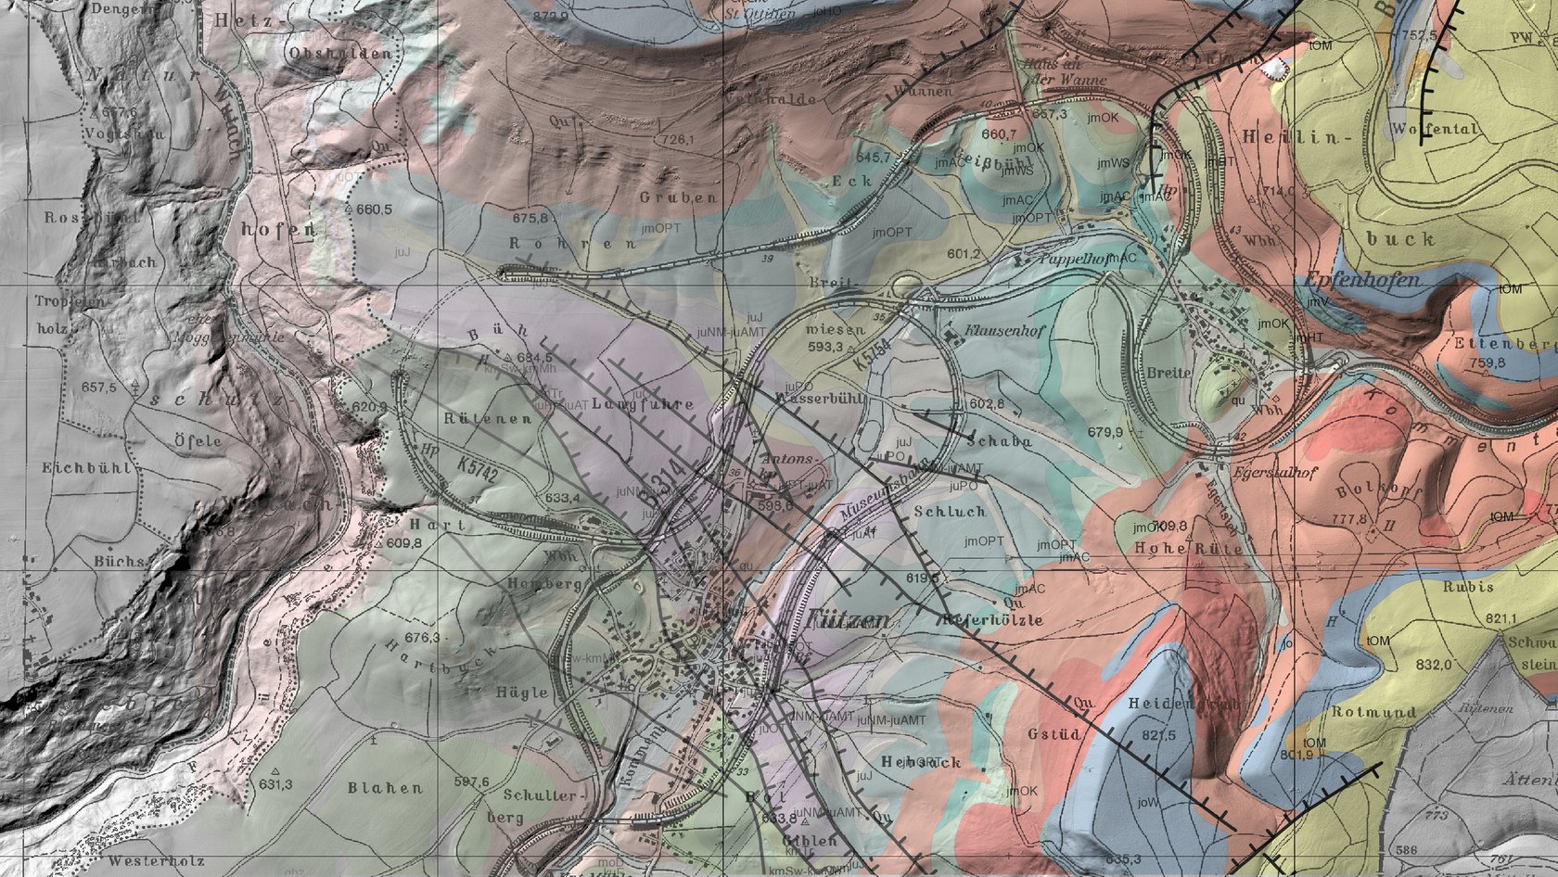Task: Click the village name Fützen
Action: [x=849, y=619]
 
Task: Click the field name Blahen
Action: [x=385, y=788]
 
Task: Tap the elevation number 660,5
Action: [x=374, y=210]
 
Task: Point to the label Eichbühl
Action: [x=86, y=468]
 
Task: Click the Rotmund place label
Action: [x=1373, y=712]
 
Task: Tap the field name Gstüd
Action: [x=1054, y=733]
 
